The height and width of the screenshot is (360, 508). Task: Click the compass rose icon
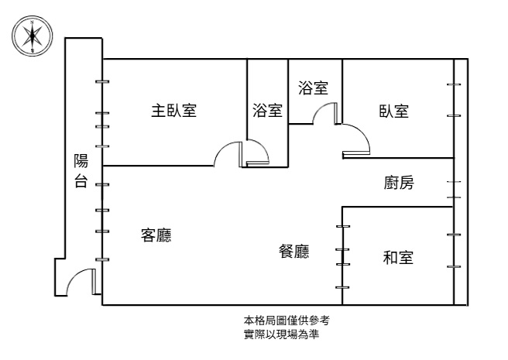tap(32, 36)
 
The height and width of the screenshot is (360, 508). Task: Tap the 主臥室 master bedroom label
tap(174, 111)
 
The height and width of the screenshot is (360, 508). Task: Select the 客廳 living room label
tap(156, 235)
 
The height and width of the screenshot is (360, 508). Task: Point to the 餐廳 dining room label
tap(293, 251)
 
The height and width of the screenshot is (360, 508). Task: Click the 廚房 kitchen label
tap(399, 183)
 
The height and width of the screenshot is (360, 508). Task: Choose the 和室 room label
tap(398, 258)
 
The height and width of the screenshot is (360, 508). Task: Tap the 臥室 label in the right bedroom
tap(393, 111)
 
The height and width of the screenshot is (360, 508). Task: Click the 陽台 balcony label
tap(81, 170)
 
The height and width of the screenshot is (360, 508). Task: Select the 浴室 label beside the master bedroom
tap(267, 111)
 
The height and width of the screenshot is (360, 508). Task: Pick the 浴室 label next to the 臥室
tap(314, 87)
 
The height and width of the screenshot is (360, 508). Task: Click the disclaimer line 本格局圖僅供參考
tap(287, 321)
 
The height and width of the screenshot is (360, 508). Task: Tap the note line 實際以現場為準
tap(281, 334)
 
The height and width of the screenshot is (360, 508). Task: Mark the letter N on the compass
tap(32, 22)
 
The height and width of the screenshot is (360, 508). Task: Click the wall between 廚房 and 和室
tap(397, 207)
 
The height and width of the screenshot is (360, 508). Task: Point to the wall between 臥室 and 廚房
tap(398, 158)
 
